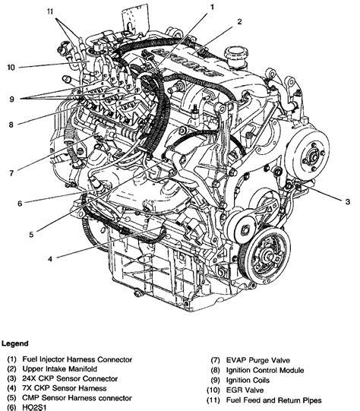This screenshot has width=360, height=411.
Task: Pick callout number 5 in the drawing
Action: pyautogui.click(x=31, y=235)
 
